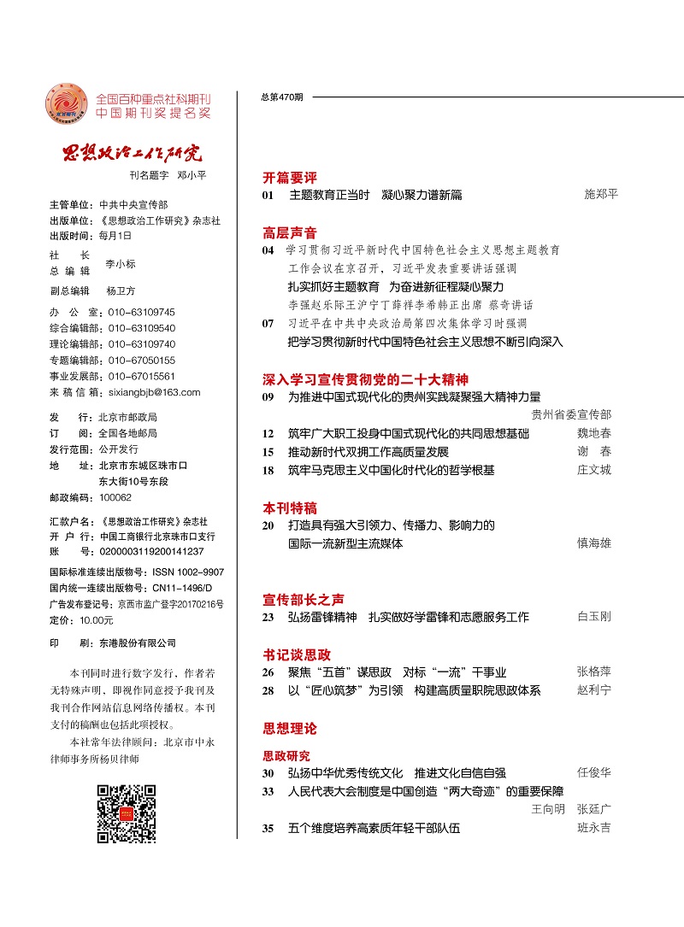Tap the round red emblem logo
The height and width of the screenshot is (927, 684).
click(66, 106)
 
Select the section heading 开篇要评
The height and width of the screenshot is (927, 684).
click(289, 178)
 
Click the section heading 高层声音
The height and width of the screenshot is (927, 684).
click(289, 232)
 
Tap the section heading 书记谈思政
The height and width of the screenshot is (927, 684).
click(296, 654)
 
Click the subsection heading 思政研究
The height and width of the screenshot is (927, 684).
click(286, 755)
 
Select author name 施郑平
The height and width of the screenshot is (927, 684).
click(600, 195)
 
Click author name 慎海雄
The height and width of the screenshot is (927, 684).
click(594, 543)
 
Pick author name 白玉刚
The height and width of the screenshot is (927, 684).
click(594, 616)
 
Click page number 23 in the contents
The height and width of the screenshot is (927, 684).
click(268, 617)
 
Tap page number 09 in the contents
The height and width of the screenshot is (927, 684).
click(268, 397)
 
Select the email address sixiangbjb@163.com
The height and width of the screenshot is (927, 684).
click(150, 392)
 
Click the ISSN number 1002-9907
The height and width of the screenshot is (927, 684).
click(181, 572)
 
